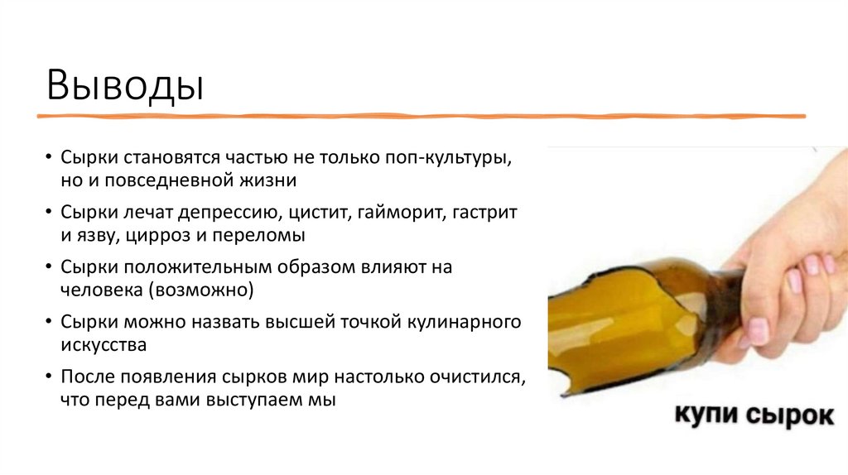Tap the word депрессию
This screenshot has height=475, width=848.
point(226,213)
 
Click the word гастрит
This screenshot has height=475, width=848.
point(488,213)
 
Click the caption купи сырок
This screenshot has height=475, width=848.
point(753,414)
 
